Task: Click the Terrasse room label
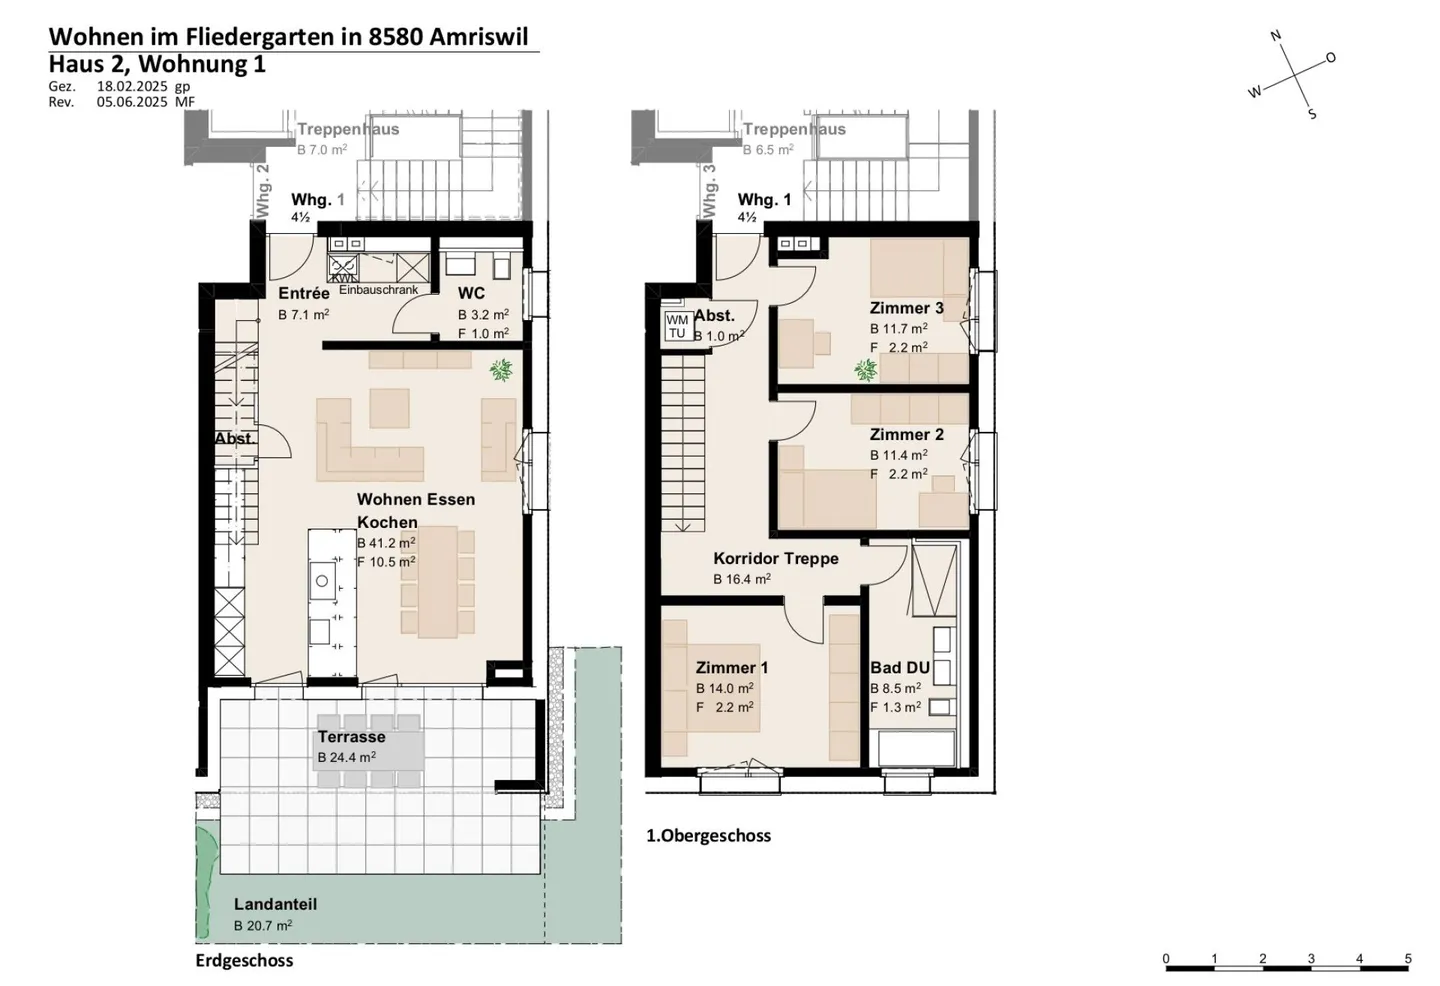(x=351, y=737)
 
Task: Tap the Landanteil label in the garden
(x=275, y=904)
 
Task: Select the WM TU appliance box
(x=677, y=326)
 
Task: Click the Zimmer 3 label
(x=906, y=308)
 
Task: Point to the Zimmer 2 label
(x=906, y=434)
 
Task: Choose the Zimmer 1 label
(x=732, y=668)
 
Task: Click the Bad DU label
(x=900, y=668)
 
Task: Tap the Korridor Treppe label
(x=775, y=558)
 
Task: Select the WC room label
(x=471, y=293)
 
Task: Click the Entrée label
(x=304, y=293)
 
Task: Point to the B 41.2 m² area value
(x=386, y=543)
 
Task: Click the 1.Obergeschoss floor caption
(x=708, y=836)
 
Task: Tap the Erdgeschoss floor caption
(x=244, y=961)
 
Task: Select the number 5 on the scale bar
(x=1408, y=959)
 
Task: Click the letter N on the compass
(x=1276, y=36)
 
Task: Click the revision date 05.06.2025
(x=132, y=102)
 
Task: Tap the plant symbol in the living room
(x=501, y=371)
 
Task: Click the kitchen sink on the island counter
(x=322, y=581)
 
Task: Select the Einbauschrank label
(x=378, y=290)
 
